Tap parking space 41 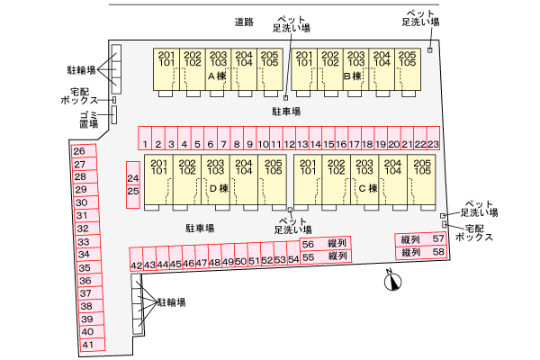click(87, 345)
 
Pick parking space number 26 click(79, 151)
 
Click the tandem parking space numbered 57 click(438, 238)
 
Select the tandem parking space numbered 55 click(308, 257)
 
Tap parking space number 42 click(136, 264)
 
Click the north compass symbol click(391, 283)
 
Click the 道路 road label click(243, 21)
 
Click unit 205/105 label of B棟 click(408, 59)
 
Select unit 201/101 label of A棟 click(166, 59)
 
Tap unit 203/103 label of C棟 click(364, 166)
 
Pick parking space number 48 click(214, 262)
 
